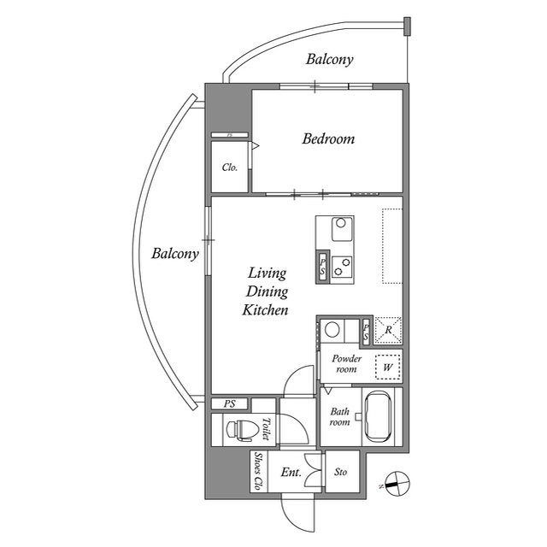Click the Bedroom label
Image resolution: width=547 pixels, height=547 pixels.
tap(328, 138)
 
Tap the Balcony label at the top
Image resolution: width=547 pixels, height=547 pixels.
tap(329, 60)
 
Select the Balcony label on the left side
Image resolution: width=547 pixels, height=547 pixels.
tap(175, 254)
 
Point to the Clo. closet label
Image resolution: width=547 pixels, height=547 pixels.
tap(230, 168)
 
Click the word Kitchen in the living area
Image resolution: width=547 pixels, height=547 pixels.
tap(265, 310)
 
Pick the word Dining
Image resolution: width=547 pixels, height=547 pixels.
tap(267, 292)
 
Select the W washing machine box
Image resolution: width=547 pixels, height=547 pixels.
tap(389, 368)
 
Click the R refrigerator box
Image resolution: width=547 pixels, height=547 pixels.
tap(389, 330)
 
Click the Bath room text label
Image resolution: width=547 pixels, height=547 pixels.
tap(340, 416)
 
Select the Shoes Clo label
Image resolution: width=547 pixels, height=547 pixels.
tap(257, 471)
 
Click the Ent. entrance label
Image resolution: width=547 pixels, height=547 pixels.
tap(291, 472)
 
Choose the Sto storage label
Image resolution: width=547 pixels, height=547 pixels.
tap(341, 472)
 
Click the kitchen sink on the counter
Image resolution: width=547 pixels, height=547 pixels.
tap(341, 226)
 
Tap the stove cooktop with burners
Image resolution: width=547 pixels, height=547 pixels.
tap(343, 267)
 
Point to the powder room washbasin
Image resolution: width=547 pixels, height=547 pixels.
tap(335, 329)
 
